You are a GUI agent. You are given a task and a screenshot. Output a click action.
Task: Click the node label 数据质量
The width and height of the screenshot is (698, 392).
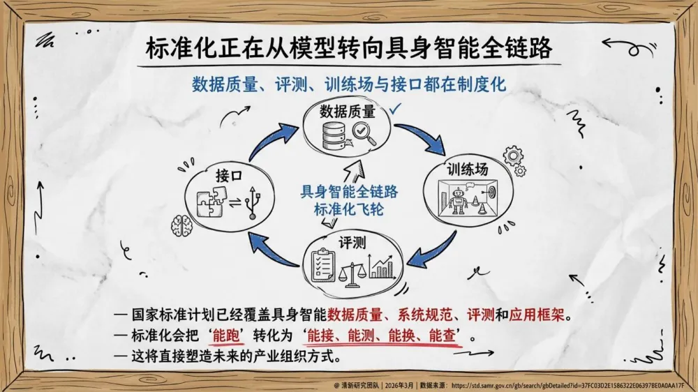[347, 112]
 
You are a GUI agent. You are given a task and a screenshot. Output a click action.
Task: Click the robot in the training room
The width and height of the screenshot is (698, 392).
[458, 199]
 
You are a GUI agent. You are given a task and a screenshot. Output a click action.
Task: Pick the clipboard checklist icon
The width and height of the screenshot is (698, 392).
[322, 266]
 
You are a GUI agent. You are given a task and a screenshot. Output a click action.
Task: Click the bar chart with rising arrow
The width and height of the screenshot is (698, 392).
[382, 267]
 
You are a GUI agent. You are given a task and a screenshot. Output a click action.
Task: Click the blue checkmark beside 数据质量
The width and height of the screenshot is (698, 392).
[396, 109]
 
